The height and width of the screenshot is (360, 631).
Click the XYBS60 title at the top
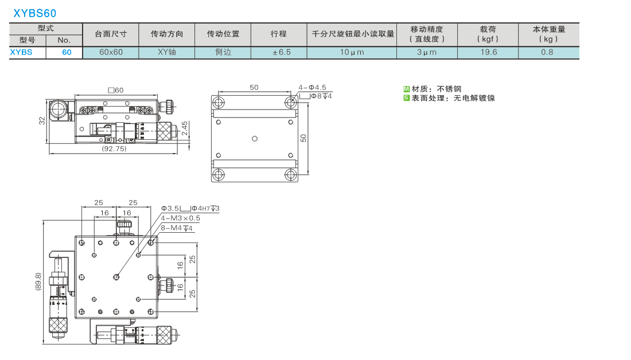[x=35, y=13]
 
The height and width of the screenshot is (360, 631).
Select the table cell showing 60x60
[x=111, y=52]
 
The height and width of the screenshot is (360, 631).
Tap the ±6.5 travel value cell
[x=281, y=52]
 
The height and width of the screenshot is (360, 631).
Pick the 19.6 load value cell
[x=488, y=52]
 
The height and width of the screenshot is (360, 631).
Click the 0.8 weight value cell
[x=547, y=52]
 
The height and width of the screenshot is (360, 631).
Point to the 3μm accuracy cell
[x=427, y=52]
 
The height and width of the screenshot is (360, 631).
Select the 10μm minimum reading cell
[x=352, y=52]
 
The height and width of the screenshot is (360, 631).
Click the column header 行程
[x=278, y=34]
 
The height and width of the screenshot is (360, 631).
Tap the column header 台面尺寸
[x=111, y=34]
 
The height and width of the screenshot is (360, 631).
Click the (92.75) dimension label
[x=114, y=148]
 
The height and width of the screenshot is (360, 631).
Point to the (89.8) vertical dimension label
[x=38, y=281]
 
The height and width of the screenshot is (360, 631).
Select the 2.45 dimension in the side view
[x=184, y=129]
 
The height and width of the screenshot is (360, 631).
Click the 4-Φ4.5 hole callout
[x=312, y=87]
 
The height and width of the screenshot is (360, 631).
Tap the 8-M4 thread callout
[x=177, y=228]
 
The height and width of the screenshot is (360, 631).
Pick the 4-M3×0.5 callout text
[x=180, y=218]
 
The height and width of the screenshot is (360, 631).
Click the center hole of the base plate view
[x=254, y=139]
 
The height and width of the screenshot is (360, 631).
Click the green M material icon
[x=407, y=89]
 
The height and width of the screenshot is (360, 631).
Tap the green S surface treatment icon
[x=407, y=98]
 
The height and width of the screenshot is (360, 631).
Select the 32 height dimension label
[x=42, y=121]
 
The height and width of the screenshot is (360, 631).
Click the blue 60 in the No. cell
[x=67, y=52]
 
